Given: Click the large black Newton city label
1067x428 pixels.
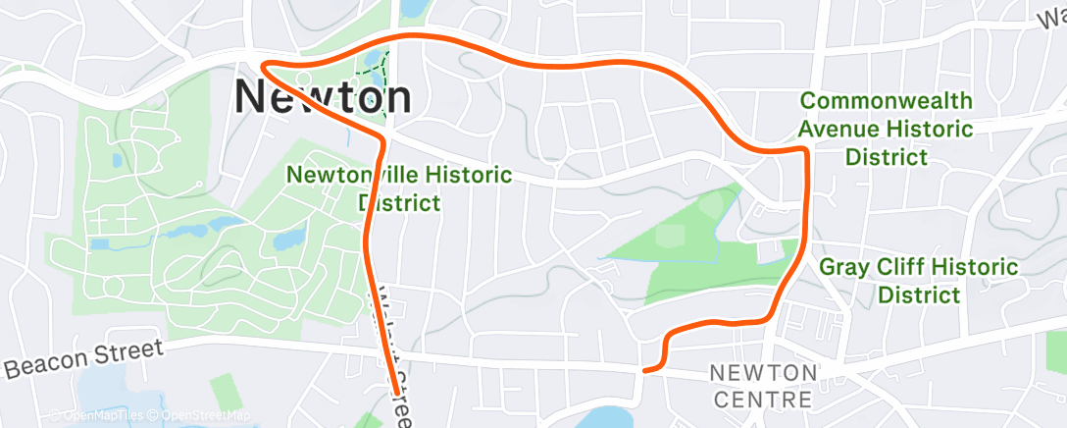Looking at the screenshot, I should point(323,97).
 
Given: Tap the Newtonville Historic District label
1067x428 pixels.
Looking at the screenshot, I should point(398,188).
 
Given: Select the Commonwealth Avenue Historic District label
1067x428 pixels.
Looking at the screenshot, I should point(886,129).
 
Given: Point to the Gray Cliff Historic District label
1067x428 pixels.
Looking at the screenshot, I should point(918,280).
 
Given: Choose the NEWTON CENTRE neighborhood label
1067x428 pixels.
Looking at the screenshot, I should point(762,386).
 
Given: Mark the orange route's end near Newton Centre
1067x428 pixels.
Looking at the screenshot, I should point(644,370).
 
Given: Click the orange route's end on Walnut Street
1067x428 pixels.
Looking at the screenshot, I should point(397,392).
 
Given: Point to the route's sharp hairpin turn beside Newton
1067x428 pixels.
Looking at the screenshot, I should point(265,66).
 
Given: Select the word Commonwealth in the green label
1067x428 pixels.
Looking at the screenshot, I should point(886,101).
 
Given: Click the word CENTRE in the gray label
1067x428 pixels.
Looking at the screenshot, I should point(762,400).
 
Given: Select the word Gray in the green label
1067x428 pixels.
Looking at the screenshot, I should point(843,266).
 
